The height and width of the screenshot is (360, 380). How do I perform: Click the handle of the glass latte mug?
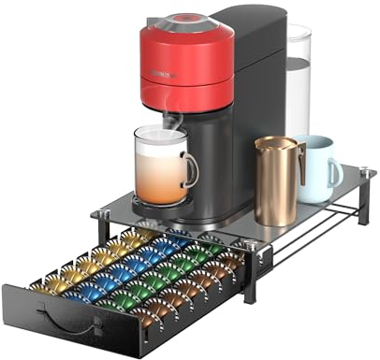192,169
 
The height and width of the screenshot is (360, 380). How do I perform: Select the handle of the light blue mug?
335,172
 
